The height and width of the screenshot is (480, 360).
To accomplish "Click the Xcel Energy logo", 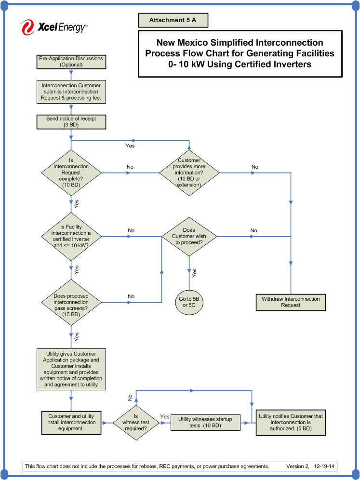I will (54, 27).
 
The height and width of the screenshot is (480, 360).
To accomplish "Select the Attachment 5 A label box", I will (173, 20).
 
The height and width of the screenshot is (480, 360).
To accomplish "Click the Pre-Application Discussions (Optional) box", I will (71, 61).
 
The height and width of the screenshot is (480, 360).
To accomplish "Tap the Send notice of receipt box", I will (71, 121).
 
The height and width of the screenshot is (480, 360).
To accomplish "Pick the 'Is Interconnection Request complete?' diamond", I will (71, 173).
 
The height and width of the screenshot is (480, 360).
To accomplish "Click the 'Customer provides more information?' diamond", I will (189, 173).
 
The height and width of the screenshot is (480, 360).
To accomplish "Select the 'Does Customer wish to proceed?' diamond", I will (189, 236).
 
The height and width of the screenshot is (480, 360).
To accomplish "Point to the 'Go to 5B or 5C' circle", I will (189, 302).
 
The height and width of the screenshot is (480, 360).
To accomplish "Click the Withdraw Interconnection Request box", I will (291, 302).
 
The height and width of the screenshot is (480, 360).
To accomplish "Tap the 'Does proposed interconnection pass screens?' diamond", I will (71, 302).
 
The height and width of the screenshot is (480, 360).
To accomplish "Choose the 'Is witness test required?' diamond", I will (135, 423).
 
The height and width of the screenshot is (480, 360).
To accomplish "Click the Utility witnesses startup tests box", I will (205, 423).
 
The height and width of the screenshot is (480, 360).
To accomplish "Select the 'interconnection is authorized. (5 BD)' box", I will (291, 423).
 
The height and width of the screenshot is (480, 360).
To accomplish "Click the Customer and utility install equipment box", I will (71, 423).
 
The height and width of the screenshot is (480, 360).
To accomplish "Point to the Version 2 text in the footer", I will (297, 467).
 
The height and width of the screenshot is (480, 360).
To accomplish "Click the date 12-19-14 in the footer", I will (325, 467).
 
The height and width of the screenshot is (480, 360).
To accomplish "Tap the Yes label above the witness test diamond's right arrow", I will (165, 416).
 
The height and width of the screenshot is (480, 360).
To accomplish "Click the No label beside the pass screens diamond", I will (131, 296).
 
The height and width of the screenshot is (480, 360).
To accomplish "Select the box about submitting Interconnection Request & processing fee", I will (71, 92).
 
